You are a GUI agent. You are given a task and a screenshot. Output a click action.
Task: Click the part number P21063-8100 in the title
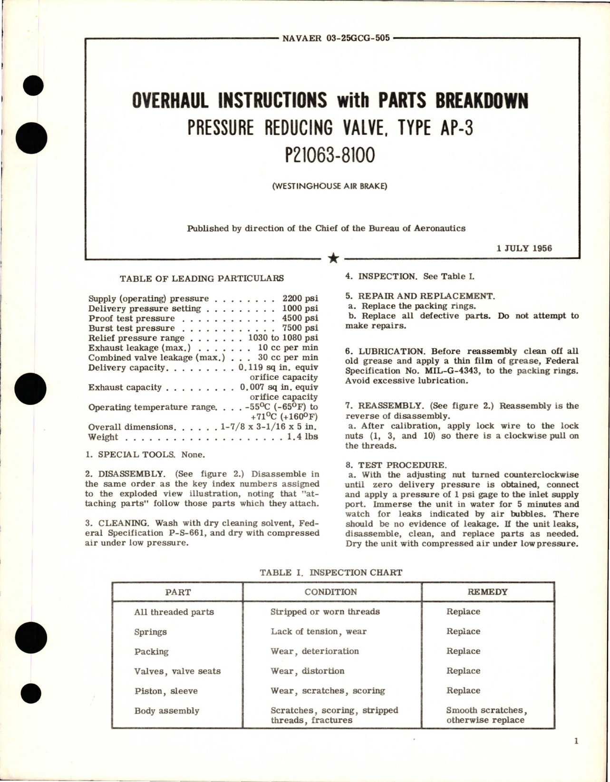pos(329,155)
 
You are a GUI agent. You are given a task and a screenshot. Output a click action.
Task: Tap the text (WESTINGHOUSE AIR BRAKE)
pos(329,186)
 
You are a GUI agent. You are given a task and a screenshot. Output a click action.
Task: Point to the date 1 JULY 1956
pos(524,248)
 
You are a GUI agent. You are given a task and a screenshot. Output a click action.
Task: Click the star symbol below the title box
pos(334,258)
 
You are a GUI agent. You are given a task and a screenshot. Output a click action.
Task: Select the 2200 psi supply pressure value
pos(300,299)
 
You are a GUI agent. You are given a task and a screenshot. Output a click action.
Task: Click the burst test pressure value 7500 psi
pos(300,328)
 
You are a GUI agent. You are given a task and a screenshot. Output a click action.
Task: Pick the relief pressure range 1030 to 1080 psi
pos(283,338)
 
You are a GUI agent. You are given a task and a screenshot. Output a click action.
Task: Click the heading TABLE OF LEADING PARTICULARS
pos(202,278)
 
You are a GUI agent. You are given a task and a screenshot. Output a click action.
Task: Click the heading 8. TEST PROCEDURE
pos(396,465)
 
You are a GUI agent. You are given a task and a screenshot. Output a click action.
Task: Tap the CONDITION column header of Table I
pos(331,592)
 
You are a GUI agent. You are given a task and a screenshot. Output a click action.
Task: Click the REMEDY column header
pos(487,592)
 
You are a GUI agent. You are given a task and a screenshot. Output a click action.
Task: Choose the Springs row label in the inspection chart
pos(150,632)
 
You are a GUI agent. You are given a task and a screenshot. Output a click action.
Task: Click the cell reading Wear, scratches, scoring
pos(328,691)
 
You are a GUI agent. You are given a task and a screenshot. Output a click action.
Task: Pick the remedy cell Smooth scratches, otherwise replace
pos(486,715)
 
